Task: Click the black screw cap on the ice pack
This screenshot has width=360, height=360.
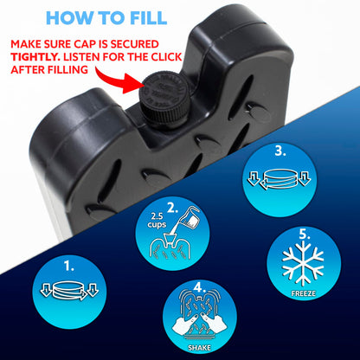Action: coord(164,99)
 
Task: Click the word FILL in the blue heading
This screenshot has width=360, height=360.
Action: coord(148,18)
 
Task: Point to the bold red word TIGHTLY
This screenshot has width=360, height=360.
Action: coord(35,57)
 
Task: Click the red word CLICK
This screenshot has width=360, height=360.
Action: coord(166,57)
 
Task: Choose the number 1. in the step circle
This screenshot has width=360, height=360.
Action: coord(68,267)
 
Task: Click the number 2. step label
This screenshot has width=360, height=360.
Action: coord(173,209)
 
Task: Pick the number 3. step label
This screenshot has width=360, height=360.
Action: coord(280,151)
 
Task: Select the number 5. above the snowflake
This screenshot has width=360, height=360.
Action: coord(304,235)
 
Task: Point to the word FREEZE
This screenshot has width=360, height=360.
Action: coord(303,293)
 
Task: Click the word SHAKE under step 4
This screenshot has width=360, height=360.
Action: coord(199,348)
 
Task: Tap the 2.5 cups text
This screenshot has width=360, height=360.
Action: coord(157,221)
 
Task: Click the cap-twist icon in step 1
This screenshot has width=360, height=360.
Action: coord(69,290)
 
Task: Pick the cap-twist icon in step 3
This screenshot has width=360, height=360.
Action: coord(280,179)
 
